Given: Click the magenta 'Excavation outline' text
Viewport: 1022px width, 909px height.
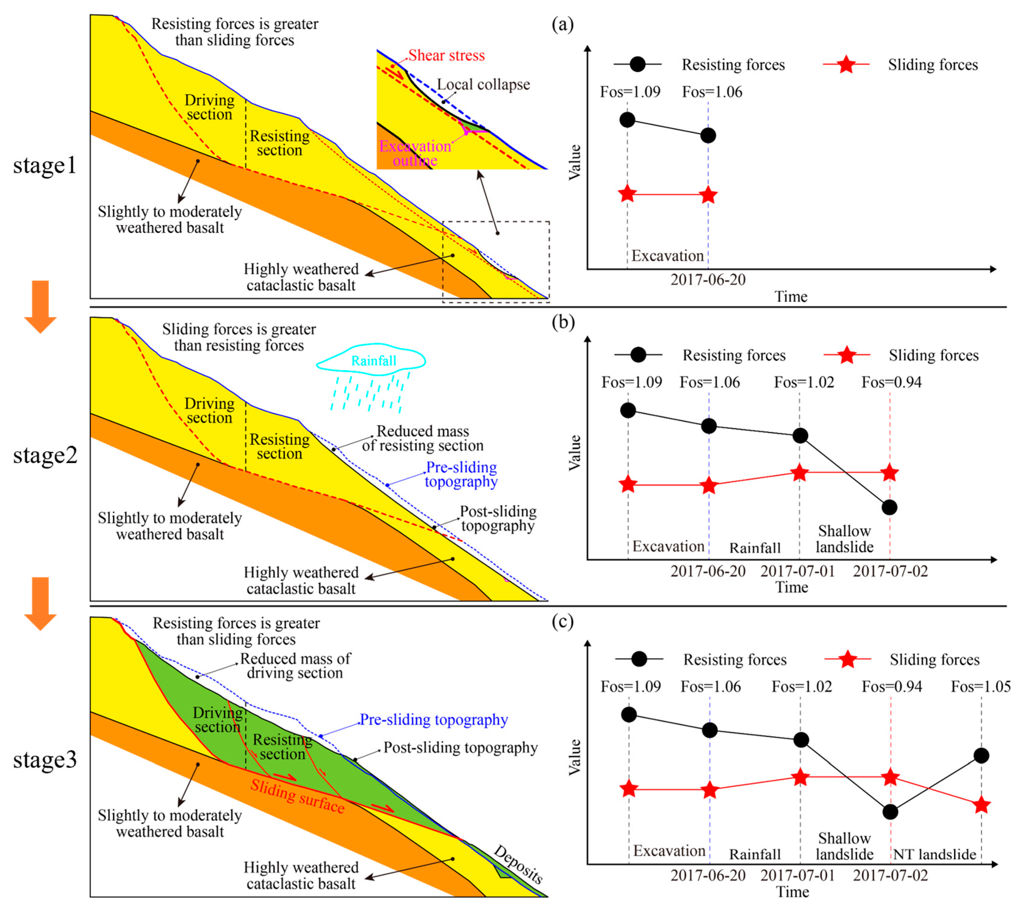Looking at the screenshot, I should pos(415,153).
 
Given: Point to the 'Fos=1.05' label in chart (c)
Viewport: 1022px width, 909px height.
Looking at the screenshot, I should pos(981,686).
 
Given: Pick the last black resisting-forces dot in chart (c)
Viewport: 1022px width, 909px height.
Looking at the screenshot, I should pos(981,756).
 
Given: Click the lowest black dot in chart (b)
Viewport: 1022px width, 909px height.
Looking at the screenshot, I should pos(889,507).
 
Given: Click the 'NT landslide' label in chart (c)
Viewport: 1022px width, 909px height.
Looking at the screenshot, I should pos(934,854).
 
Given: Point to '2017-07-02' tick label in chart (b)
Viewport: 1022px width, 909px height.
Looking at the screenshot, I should pos(890,571).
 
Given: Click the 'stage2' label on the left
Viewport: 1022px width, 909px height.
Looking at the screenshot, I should pos(45,455).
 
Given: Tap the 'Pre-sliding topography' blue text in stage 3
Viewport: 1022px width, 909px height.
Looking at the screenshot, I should pos(434,720).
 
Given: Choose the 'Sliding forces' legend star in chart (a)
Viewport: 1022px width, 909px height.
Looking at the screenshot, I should pos(846,65).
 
